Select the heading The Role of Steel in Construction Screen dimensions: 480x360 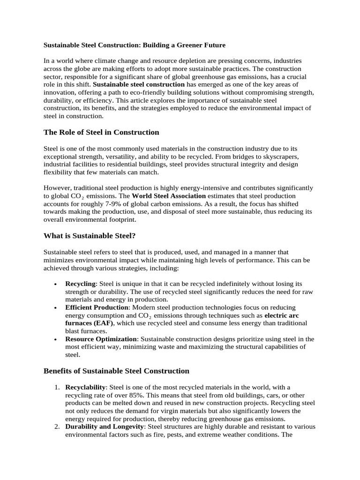coord(101,132)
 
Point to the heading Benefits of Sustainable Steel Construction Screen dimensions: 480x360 coord(116,371)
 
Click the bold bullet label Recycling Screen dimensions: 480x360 coord(80,284)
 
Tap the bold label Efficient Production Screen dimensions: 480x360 coord(97,307)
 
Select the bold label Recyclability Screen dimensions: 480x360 coord(86,387)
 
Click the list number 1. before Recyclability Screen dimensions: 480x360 coord(56,387)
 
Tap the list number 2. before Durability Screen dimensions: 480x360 coord(56,427)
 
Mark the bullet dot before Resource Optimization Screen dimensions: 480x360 coord(56,339)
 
